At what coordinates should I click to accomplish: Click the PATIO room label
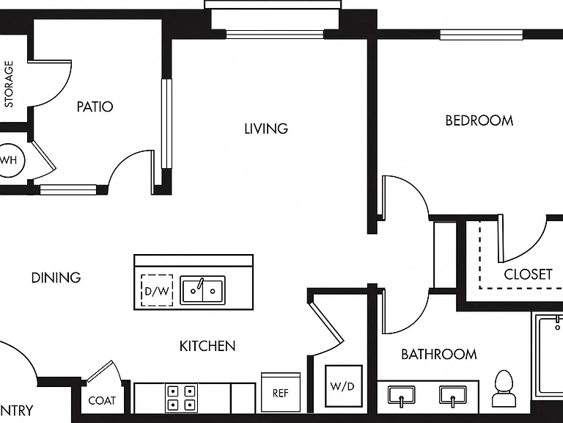[x=95, y=106]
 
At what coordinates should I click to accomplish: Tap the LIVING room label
[x=266, y=129]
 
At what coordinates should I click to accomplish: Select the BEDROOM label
[x=479, y=120]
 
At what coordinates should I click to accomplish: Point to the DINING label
[x=56, y=278]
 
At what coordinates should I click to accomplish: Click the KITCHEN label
[x=207, y=346]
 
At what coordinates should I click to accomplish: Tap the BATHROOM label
[x=439, y=354]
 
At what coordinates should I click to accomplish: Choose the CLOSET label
[x=528, y=275]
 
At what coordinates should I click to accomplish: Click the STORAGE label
[x=9, y=84]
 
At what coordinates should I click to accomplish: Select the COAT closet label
[x=102, y=400]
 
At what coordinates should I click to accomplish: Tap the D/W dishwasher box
[x=157, y=290]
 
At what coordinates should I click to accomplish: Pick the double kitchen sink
[x=202, y=290]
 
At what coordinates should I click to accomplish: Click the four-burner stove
[x=181, y=398]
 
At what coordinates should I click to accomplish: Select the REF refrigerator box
[x=281, y=392]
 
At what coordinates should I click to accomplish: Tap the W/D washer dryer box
[x=344, y=386]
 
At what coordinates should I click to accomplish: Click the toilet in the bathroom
[x=504, y=388]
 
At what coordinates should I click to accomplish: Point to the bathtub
[x=548, y=355]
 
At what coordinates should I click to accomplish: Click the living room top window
[x=275, y=35]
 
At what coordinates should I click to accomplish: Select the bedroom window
[x=482, y=35]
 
